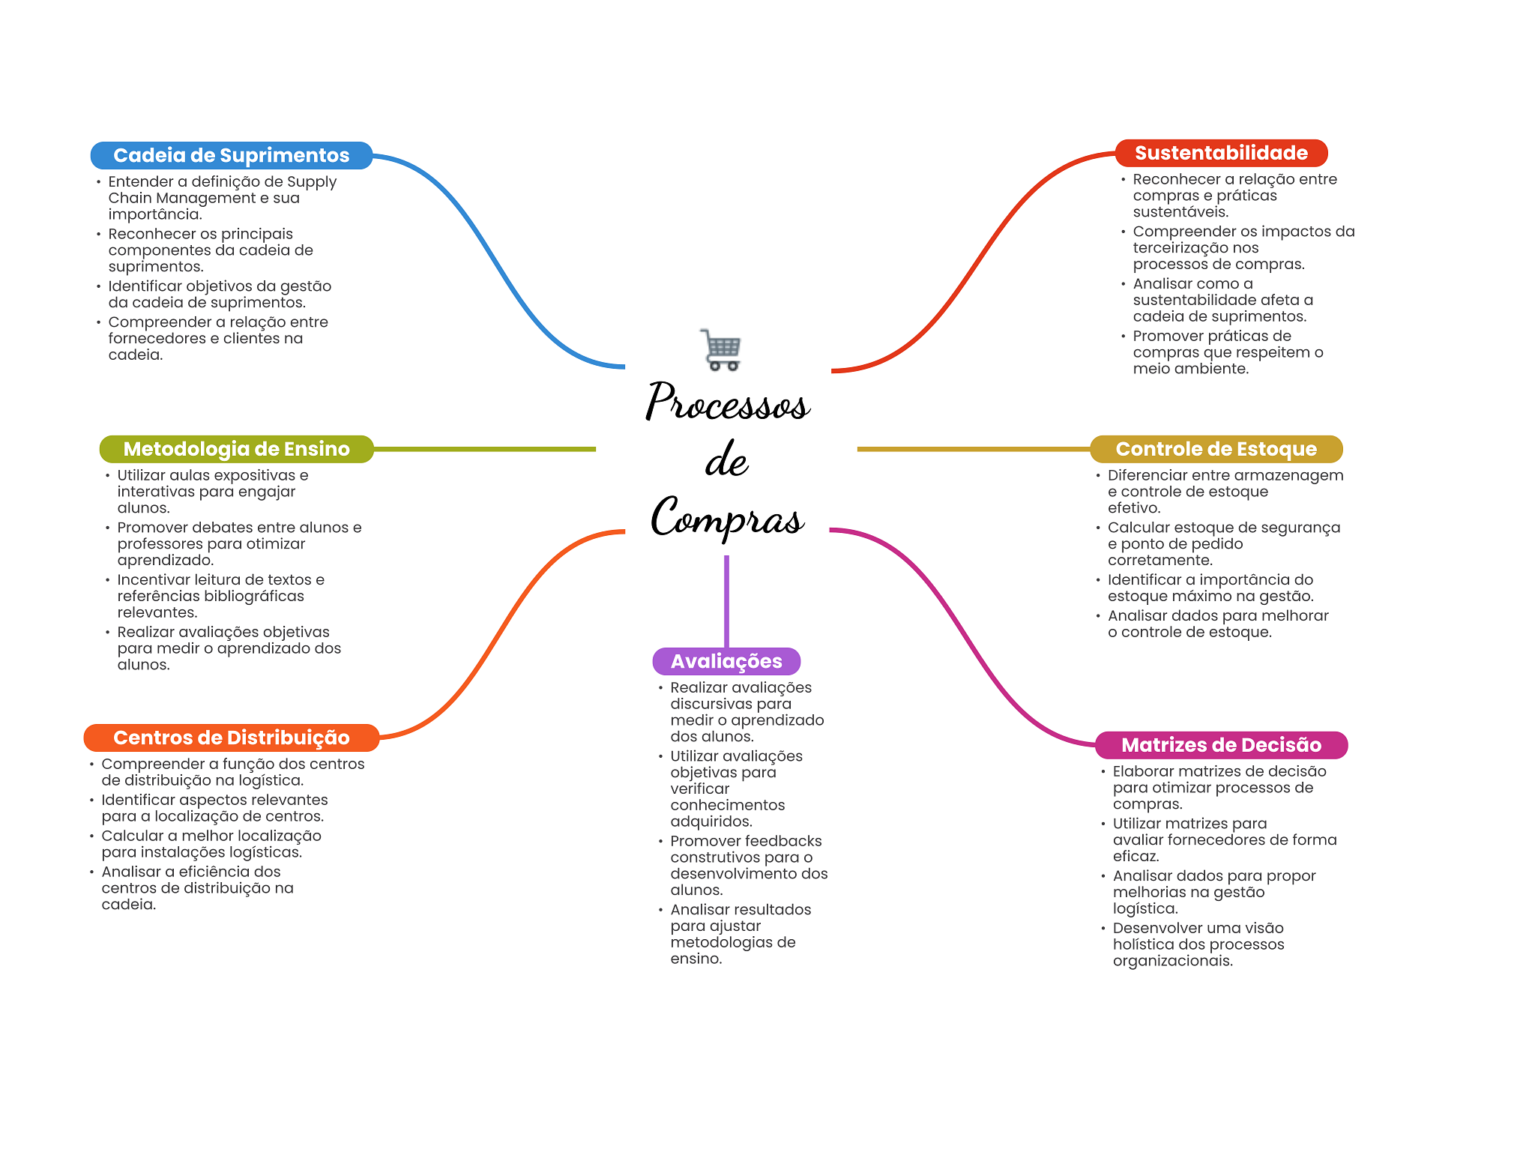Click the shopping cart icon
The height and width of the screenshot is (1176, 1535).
pyautogui.click(x=720, y=350)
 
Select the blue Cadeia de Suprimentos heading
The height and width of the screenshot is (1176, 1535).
pyautogui.click(x=232, y=155)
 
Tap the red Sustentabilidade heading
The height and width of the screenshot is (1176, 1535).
pyautogui.click(x=1221, y=153)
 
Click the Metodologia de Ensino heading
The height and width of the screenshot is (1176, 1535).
pyautogui.click(x=237, y=449)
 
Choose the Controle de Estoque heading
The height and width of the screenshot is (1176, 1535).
pyautogui.click(x=1216, y=449)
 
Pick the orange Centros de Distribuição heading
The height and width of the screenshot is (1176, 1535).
pyautogui.click(x=232, y=738)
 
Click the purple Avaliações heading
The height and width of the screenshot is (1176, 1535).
pyautogui.click(x=726, y=661)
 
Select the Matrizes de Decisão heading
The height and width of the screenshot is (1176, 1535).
pyautogui.click(x=1221, y=745)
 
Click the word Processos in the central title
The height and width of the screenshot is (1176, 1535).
pyautogui.click(x=728, y=401)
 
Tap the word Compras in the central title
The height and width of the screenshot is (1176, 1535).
pyautogui.click(x=728, y=517)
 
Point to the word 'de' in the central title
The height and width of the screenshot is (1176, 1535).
pyautogui.click(x=726, y=459)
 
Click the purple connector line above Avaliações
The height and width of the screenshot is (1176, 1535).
pyautogui.click(x=726, y=602)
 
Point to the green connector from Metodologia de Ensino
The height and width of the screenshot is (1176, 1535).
pyautogui.click(x=485, y=449)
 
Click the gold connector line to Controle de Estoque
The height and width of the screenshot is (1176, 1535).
pyautogui.click(x=974, y=449)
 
